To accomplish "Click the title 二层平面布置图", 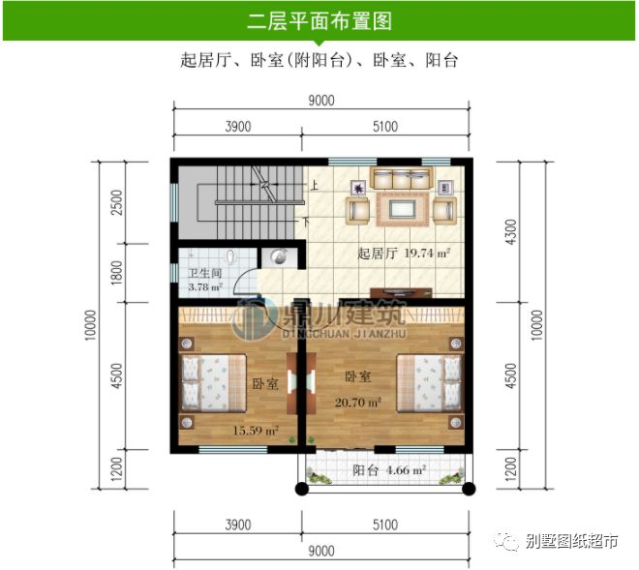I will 319,19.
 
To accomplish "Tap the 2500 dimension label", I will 116,202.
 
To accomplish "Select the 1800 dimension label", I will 116,274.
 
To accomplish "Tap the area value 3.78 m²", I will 204,287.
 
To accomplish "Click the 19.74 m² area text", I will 426,254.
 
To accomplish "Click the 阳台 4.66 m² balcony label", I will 389,470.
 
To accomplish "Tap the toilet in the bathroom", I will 230,258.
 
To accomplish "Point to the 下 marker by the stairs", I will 308,222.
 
